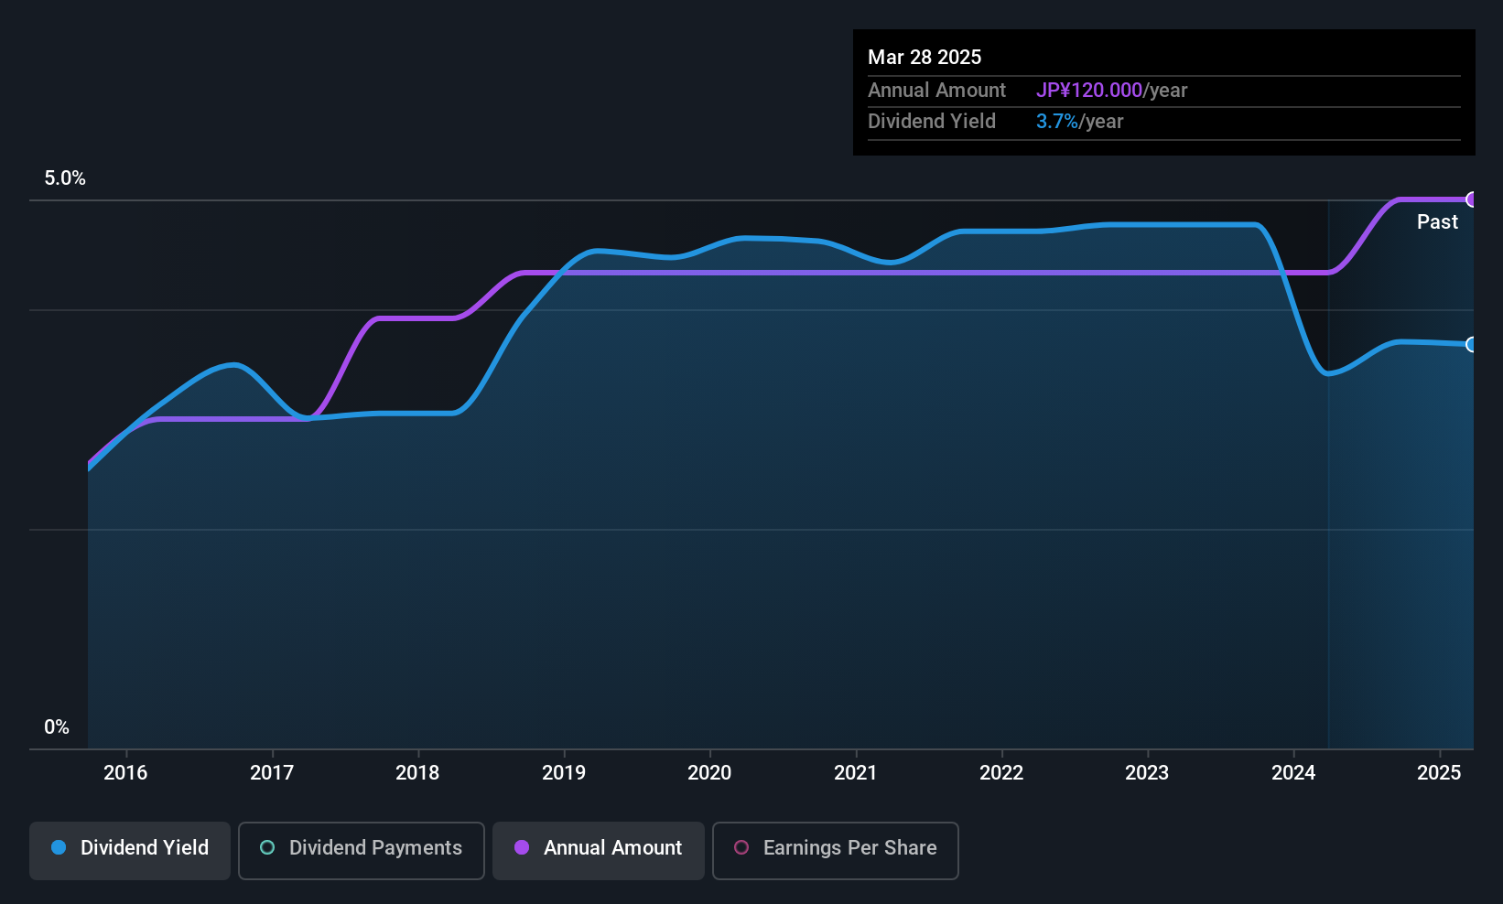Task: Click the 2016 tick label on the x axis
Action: point(125,772)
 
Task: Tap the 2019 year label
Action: point(564,772)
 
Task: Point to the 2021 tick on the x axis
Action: point(856,772)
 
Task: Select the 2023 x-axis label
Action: point(1147,772)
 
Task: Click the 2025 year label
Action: point(1439,772)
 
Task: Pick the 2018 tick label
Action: point(417,772)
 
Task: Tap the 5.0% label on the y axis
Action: point(65,178)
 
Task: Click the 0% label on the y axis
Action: point(57,727)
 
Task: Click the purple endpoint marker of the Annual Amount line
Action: point(1472,199)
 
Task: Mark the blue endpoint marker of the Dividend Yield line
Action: point(1472,345)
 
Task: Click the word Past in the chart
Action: point(1437,222)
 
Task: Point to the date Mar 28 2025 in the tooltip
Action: point(925,58)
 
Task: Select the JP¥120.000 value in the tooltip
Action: point(1089,91)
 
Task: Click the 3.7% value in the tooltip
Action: point(1057,122)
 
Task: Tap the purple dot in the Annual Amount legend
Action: point(522,847)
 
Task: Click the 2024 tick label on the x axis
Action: point(1293,772)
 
